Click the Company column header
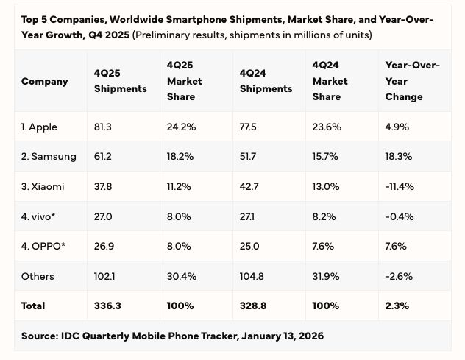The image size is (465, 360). pyautogui.click(x=44, y=81)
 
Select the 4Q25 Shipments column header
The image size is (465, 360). pyautogui.click(x=120, y=81)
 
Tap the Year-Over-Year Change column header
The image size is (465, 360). pyautogui.click(x=412, y=81)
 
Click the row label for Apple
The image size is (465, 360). pyautogui.click(x=39, y=127)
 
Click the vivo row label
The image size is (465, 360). pyautogui.click(x=38, y=216)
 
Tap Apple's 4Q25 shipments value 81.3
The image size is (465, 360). pyautogui.click(x=103, y=127)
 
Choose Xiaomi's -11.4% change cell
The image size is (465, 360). pyautogui.click(x=399, y=186)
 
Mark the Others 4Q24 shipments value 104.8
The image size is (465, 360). pyautogui.click(x=252, y=276)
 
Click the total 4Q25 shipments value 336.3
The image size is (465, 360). pyautogui.click(x=107, y=306)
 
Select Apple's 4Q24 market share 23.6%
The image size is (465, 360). pyautogui.click(x=327, y=127)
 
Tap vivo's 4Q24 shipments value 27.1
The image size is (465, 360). pyautogui.click(x=249, y=216)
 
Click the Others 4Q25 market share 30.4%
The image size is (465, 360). pyautogui.click(x=181, y=276)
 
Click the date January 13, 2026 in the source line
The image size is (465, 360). pyautogui.click(x=276, y=336)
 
